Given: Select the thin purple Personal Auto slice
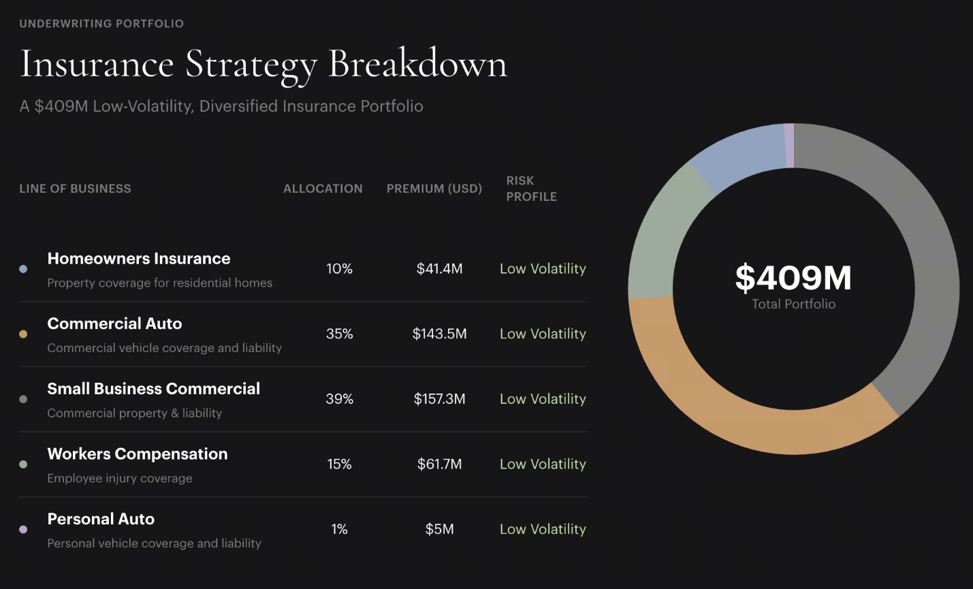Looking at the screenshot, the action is point(790,146).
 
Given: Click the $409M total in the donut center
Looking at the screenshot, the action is point(794,278).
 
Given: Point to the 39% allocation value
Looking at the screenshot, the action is point(339,399).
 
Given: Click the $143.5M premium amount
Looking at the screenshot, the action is point(439,334).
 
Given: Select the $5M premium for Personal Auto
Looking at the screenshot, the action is point(439,529).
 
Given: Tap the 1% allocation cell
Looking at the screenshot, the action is point(339,529).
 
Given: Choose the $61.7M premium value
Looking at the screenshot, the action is point(439,464).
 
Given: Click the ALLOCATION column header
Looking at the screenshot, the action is point(323,189).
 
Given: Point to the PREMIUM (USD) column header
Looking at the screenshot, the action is point(434,189).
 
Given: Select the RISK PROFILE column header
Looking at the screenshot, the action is point(531,189).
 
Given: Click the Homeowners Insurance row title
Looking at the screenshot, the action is point(139,259).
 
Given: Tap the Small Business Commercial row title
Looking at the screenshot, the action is point(153,389).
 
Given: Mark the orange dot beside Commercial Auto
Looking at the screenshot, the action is point(23,334).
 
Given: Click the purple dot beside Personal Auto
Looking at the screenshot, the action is point(23,530).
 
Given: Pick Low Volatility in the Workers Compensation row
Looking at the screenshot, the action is point(543,464).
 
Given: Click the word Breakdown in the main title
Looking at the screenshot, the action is point(417,64).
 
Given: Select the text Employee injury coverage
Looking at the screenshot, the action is point(119,478).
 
